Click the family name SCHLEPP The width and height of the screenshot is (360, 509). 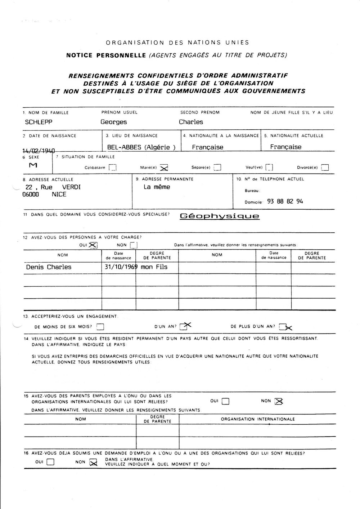(39, 122)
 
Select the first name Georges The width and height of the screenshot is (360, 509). (113, 122)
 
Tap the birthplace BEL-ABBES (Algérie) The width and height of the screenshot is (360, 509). (141, 147)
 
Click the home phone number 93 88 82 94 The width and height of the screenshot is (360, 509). (285, 202)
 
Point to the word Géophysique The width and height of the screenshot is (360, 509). (219, 216)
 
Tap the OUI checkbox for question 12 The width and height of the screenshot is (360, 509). (93, 245)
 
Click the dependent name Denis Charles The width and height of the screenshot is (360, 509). (49, 267)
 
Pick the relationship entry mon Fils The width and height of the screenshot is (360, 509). (154, 267)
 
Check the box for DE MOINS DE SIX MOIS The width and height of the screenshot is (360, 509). (100, 327)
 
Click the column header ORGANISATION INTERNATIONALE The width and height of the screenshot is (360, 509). (258, 419)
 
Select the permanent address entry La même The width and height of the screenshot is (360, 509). (157, 187)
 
